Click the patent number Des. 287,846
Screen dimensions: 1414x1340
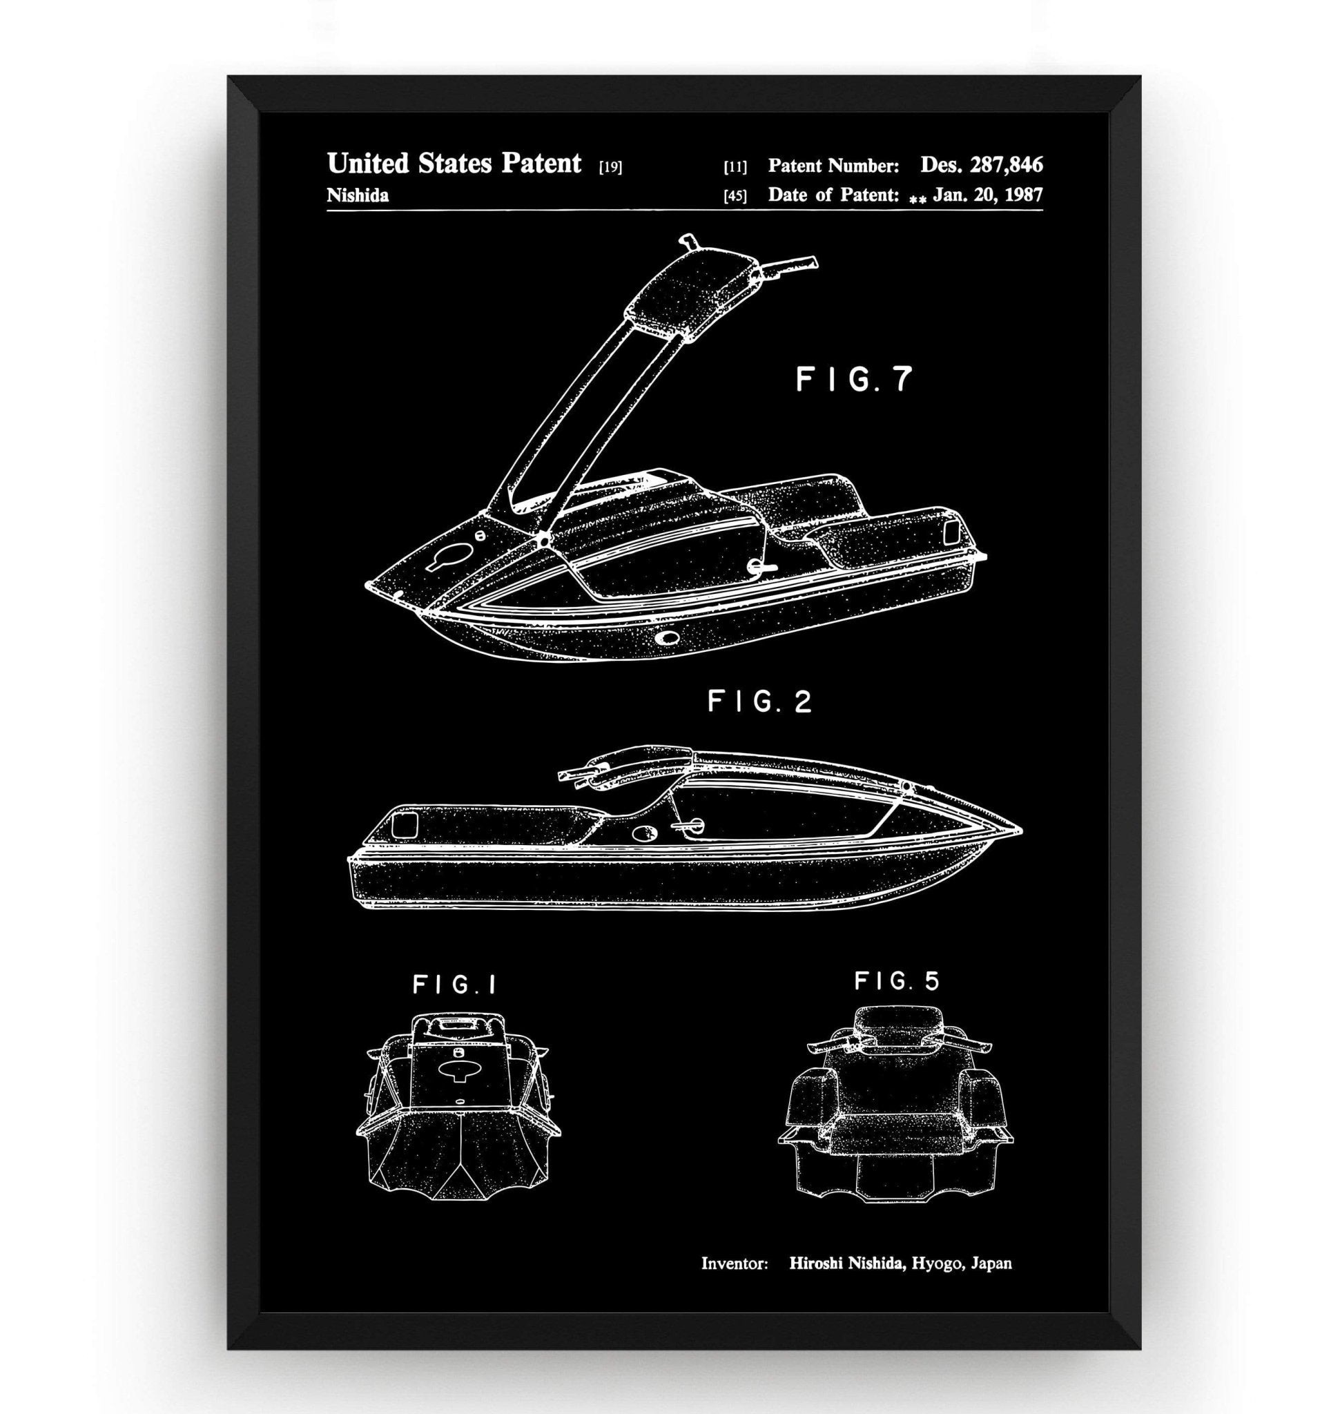point(981,165)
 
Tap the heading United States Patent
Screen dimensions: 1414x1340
point(454,164)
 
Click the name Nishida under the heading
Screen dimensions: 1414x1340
point(357,196)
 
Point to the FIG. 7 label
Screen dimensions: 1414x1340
point(854,380)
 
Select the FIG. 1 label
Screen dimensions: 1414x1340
point(454,985)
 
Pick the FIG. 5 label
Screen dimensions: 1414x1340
point(897,981)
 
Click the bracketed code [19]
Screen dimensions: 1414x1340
point(611,168)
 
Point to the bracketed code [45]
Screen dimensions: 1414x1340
point(735,196)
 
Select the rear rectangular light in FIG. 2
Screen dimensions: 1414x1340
point(405,824)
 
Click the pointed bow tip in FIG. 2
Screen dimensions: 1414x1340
point(1018,832)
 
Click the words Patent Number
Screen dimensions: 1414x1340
point(833,166)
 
